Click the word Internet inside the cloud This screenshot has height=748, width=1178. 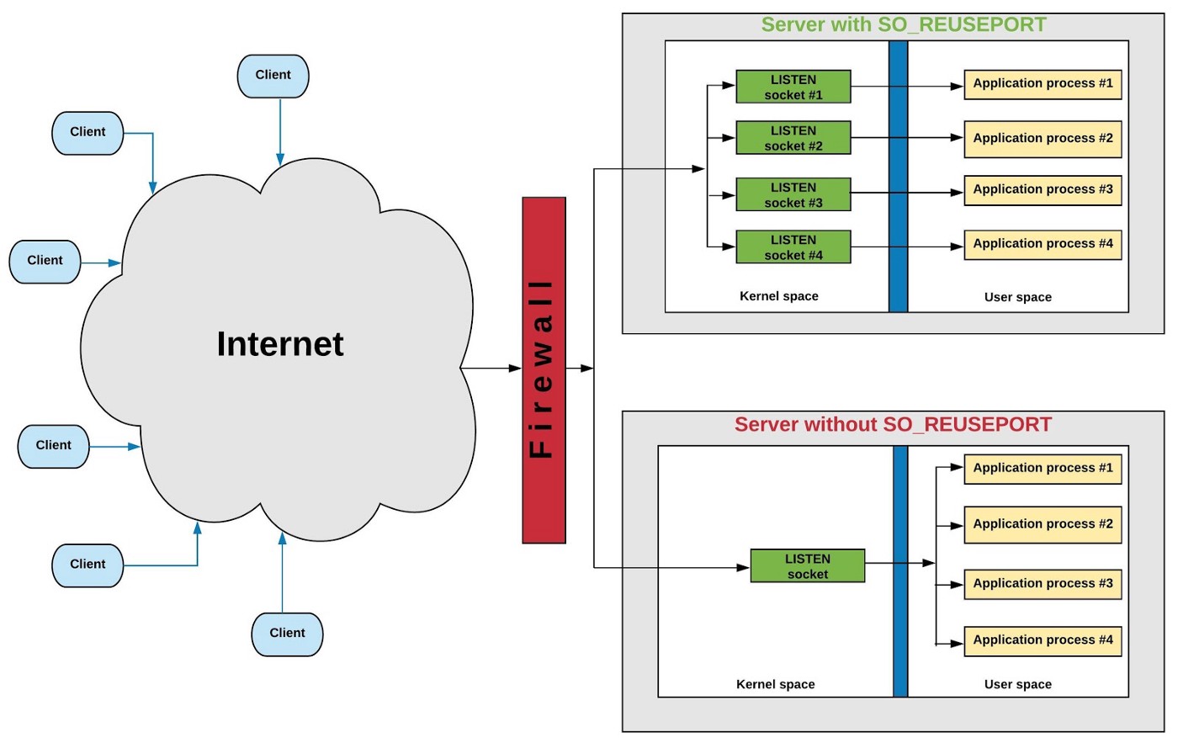click(279, 344)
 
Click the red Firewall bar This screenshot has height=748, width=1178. click(544, 370)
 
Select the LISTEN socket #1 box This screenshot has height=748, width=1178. click(793, 87)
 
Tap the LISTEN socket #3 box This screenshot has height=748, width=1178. click(793, 194)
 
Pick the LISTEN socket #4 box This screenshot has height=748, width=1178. click(793, 247)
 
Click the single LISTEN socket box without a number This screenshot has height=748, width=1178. click(807, 566)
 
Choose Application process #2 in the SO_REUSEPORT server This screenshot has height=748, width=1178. click(1043, 138)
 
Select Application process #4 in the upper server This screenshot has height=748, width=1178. click(1043, 244)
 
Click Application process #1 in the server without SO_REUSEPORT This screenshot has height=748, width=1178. click(1043, 468)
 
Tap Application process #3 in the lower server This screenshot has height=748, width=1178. click(1043, 583)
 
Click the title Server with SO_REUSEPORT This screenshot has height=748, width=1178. click(904, 24)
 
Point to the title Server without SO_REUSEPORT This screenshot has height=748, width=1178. click(893, 424)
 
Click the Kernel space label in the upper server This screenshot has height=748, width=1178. click(778, 296)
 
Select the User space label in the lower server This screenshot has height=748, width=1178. click(1017, 684)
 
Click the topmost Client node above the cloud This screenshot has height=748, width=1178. click(273, 76)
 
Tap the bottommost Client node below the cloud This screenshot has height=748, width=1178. click(287, 634)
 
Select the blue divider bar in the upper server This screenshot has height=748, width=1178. click(899, 177)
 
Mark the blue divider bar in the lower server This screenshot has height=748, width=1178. click(900, 572)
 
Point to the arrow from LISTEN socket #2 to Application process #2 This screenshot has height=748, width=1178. click(907, 137)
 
